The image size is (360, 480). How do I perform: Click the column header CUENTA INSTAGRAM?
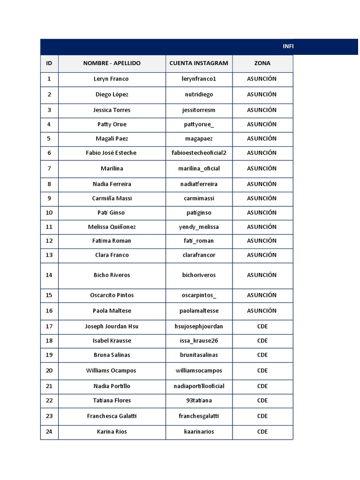coord(199,63)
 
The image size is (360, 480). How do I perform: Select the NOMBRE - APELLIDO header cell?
coord(112,63)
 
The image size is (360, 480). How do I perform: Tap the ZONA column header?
coord(262,63)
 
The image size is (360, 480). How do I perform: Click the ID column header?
coord(49,63)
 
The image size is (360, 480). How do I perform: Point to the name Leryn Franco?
coord(111,79)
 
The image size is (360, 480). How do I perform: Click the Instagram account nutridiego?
coord(199,94)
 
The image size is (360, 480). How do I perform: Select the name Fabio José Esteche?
coord(112,153)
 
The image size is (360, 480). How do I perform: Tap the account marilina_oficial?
coord(199,168)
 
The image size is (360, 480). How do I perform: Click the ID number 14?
coord(49,275)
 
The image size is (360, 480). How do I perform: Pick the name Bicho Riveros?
coord(112,275)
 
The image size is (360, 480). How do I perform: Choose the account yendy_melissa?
coord(199,227)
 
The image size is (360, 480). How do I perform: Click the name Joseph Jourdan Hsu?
coord(112,326)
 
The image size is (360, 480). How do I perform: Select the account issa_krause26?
coord(199,341)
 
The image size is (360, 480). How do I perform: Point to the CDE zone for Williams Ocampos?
coord(262,370)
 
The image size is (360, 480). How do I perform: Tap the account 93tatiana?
coord(199,400)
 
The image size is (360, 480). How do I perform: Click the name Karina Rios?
coord(112,432)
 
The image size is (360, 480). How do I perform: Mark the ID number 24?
coord(49,432)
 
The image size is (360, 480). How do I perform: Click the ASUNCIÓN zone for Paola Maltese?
coord(262,311)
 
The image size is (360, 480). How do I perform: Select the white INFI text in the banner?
coord(288,46)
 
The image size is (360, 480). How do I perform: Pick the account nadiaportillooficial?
coord(199,386)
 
